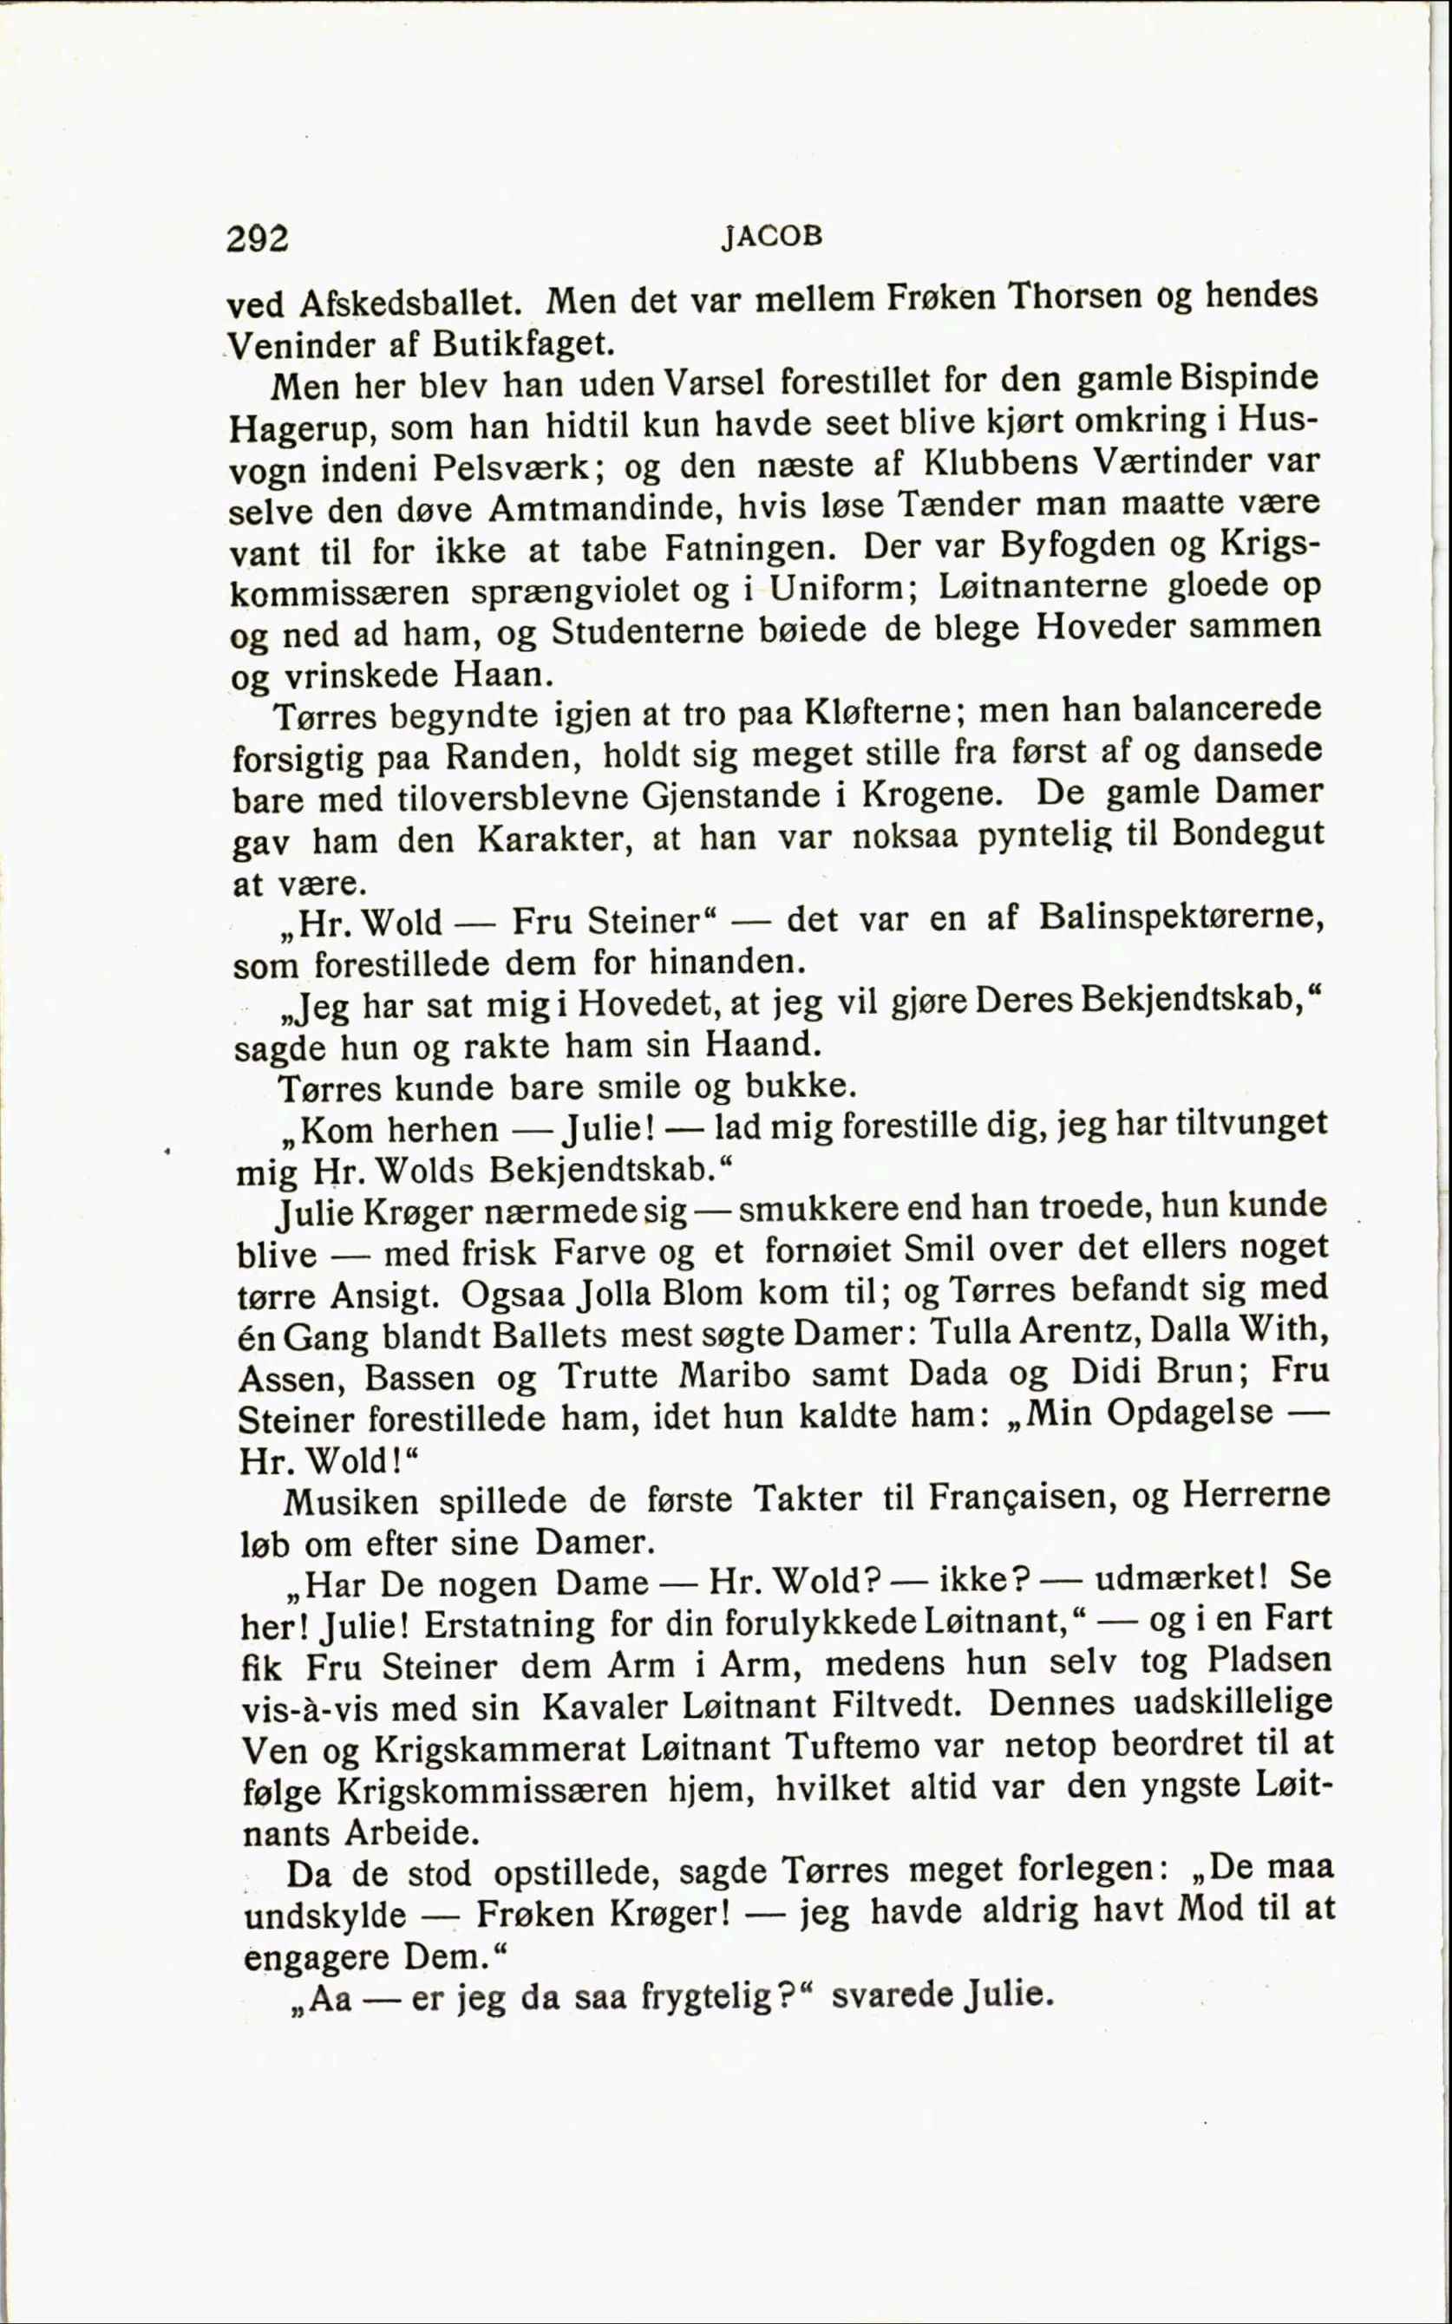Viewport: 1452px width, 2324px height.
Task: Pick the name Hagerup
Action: pos(302,428)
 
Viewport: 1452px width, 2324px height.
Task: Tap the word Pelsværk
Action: pos(517,467)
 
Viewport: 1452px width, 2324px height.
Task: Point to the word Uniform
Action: pos(840,587)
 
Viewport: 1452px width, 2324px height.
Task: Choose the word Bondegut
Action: pos(1247,832)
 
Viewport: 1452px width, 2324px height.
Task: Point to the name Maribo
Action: pos(734,1375)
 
